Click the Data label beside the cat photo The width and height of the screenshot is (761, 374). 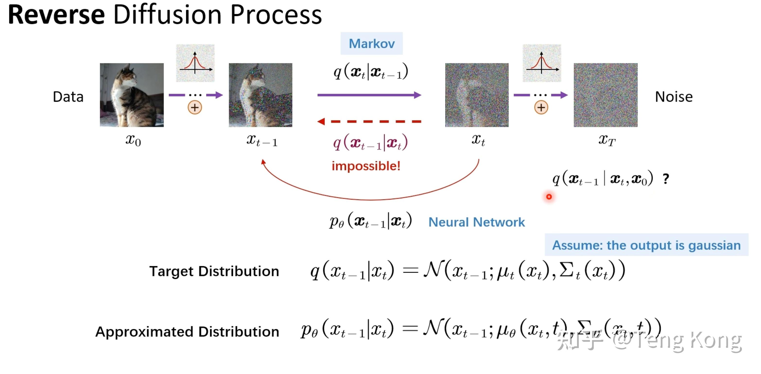68,97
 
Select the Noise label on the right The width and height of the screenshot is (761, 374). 674,97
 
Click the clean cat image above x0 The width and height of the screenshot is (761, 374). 132,95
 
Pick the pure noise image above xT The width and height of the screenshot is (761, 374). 605,95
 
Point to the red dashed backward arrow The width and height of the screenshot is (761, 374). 369,121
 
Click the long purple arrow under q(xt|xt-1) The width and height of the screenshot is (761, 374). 369,95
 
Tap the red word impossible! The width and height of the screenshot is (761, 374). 366,166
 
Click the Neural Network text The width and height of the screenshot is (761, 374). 476,222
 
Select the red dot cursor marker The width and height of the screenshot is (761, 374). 549,197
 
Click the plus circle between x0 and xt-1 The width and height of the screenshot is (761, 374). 195,107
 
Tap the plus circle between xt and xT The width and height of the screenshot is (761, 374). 541,107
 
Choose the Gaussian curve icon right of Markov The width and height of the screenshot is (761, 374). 542,63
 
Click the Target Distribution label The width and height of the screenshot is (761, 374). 214,271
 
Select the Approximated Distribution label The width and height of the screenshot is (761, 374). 187,331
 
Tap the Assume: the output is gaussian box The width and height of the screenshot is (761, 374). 646,245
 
